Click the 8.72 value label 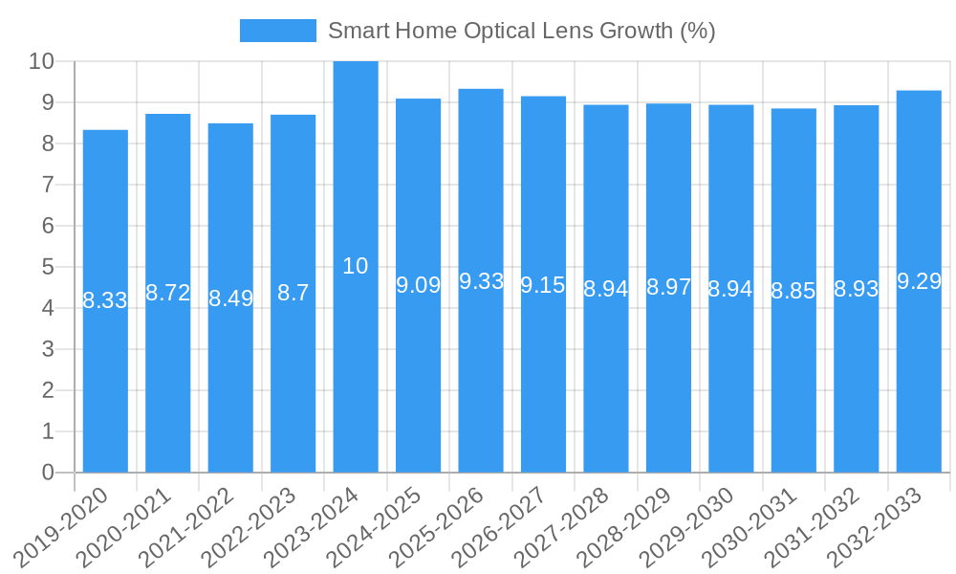[168, 293]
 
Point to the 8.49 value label [230, 298]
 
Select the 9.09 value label [418, 285]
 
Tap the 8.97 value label [668, 287]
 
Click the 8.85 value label [793, 291]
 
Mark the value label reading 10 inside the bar [355, 266]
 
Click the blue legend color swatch [277, 31]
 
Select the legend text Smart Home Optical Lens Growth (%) [521, 31]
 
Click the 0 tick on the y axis [48, 473]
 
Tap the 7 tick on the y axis [48, 185]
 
